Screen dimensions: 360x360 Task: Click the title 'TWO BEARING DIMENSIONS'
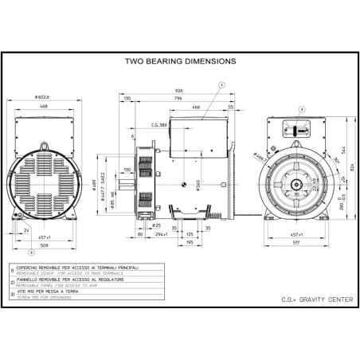(180, 60)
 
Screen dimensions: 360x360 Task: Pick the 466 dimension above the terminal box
(194, 107)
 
